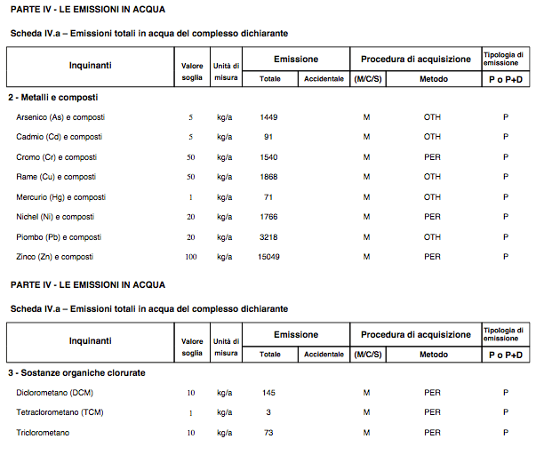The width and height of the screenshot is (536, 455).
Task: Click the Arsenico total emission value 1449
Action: click(x=269, y=117)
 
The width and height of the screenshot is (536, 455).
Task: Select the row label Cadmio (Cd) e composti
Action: click(x=59, y=137)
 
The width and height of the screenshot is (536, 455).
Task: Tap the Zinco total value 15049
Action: click(x=269, y=257)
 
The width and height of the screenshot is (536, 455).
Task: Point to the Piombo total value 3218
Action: click(x=269, y=237)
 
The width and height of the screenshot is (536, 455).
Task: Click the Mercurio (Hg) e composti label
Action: click(x=60, y=197)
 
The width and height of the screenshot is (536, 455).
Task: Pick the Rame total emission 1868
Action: click(x=269, y=177)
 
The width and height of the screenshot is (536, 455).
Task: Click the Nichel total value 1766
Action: click(x=269, y=217)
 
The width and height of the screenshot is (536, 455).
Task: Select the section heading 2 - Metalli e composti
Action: click(x=52, y=97)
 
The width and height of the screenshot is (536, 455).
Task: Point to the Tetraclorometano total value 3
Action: click(x=269, y=412)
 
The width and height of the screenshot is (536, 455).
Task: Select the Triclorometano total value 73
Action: click(x=269, y=433)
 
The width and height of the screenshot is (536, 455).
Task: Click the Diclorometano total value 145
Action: click(x=269, y=393)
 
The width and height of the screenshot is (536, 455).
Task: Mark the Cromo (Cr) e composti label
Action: click(x=57, y=157)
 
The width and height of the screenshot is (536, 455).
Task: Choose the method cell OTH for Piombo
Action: click(x=432, y=237)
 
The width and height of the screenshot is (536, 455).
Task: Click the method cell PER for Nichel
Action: click(x=432, y=217)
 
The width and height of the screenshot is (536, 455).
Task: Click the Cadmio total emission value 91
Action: click(x=269, y=137)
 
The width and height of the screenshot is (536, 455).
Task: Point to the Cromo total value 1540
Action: click(x=269, y=157)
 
